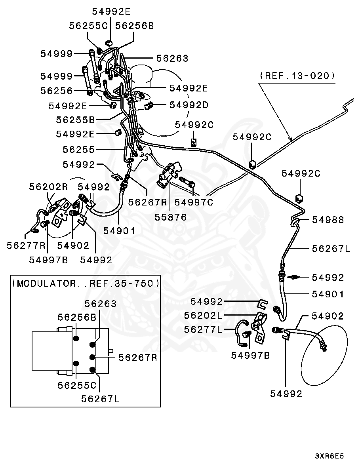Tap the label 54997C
click(194, 202)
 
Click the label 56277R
click(26, 245)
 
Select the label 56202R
click(48, 187)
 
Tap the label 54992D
click(189, 105)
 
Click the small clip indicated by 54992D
click(149, 105)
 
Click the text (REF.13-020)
click(297, 75)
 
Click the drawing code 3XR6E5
click(330, 456)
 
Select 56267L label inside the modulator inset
click(101, 399)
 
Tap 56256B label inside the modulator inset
click(77, 317)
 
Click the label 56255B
click(76, 119)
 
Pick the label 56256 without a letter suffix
click(56, 91)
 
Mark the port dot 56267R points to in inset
click(93, 357)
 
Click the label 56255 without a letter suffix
click(78, 149)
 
